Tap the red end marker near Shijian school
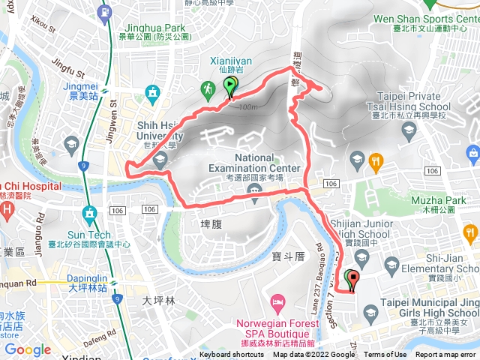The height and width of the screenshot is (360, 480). pos(352,280)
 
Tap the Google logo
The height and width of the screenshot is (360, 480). pos(28,350)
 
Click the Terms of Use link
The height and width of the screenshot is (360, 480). pos(385,355)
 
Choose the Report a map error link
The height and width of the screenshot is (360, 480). pos(445,355)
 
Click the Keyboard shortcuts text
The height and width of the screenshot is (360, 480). pos(232,355)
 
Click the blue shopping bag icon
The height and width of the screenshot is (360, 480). pos(473,154)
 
